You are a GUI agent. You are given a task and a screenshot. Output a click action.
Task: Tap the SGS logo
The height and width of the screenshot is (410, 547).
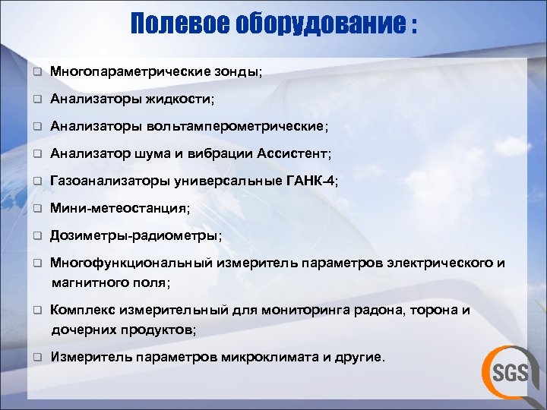coord(507,370)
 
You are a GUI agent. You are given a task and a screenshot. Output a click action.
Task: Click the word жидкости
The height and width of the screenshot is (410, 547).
coord(182,99)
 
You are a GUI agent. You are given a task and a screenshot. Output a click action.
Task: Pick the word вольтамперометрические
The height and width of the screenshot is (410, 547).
coord(236,126)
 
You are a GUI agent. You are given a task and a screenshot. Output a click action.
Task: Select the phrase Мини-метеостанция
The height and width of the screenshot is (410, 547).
coord(118,208)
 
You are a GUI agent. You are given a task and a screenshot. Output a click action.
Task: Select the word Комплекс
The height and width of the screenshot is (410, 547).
coord(81,310)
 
